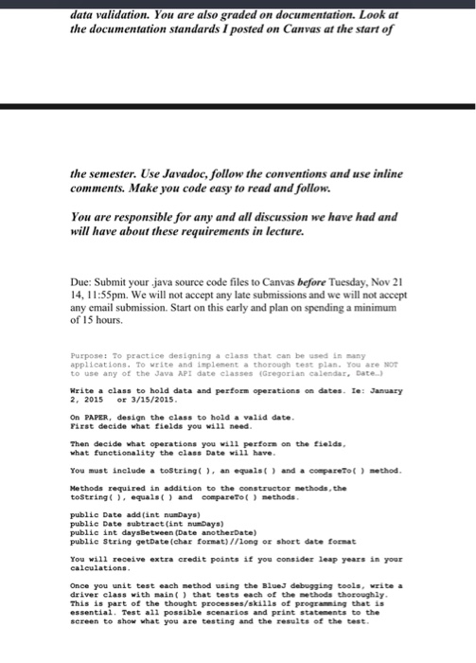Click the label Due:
(x=85, y=281)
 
